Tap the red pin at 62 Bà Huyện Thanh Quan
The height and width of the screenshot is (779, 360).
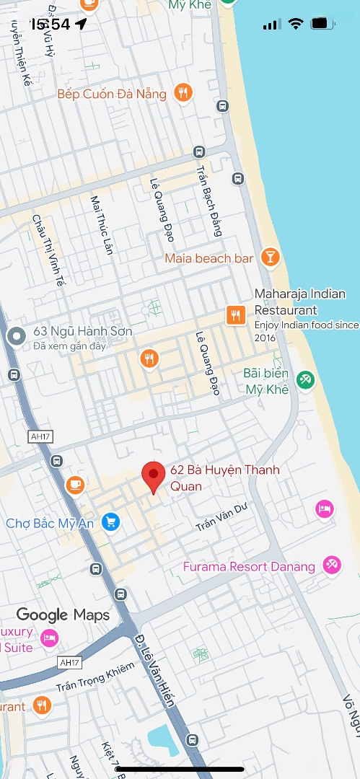coord(152,476)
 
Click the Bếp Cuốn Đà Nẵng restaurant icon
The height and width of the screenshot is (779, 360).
coord(183,93)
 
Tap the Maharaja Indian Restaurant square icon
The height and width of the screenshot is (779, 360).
coord(235,314)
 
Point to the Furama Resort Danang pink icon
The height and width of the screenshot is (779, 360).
coord(331,565)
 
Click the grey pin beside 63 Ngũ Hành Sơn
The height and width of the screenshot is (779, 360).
coord(16,335)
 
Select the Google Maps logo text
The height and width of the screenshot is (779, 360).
coord(63,615)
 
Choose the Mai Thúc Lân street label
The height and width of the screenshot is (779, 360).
coord(102,224)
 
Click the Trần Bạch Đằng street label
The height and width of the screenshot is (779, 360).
coord(208,201)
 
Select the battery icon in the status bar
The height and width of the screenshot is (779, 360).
coord(320,24)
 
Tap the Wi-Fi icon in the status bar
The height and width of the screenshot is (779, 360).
coord(295,24)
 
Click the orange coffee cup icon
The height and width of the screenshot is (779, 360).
coord(75,485)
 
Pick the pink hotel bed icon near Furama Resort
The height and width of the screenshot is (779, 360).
coord(325,509)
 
